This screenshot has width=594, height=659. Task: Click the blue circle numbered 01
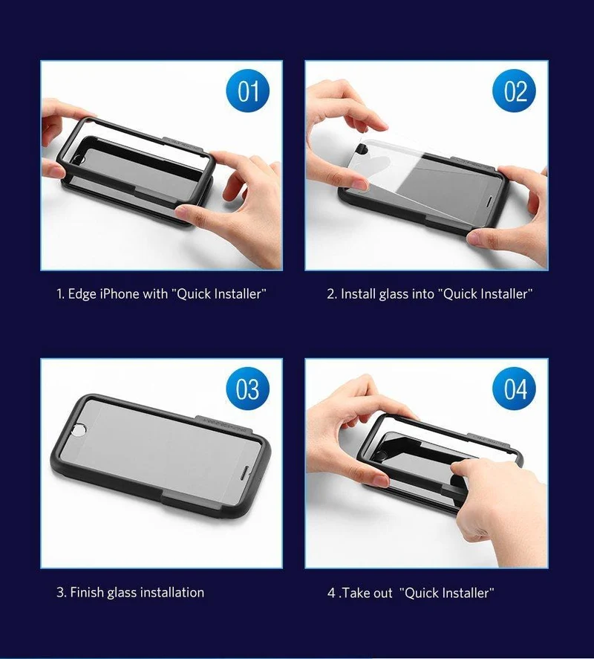pos(248,91)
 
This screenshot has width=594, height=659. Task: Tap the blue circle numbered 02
pos(515,91)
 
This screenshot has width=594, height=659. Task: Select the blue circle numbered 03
pos(248,389)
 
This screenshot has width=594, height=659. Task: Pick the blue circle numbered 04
pos(515,389)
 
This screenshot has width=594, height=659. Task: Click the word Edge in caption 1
pos(82,294)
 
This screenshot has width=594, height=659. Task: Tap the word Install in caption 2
pos(358,293)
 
